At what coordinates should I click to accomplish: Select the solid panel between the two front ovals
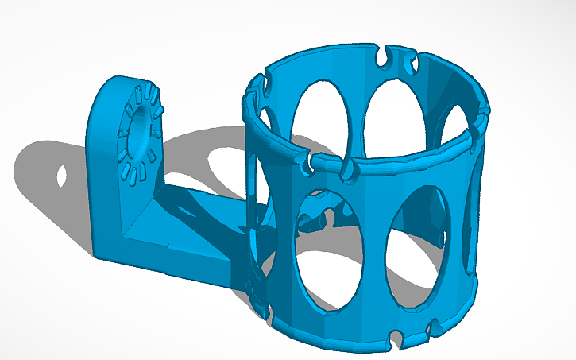click(373, 254)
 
